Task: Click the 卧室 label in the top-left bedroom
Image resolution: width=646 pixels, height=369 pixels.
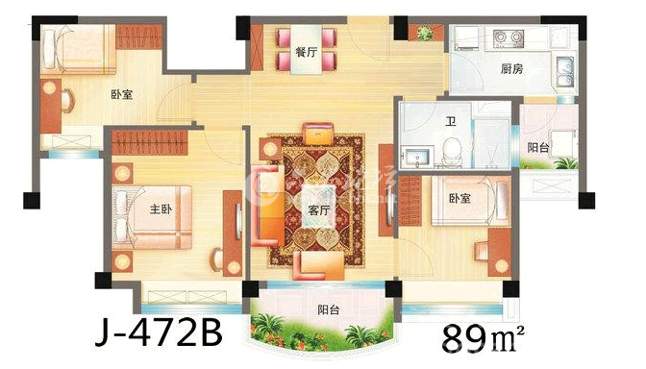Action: coord(120,94)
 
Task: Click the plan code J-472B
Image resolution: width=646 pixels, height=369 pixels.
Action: coord(159,332)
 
